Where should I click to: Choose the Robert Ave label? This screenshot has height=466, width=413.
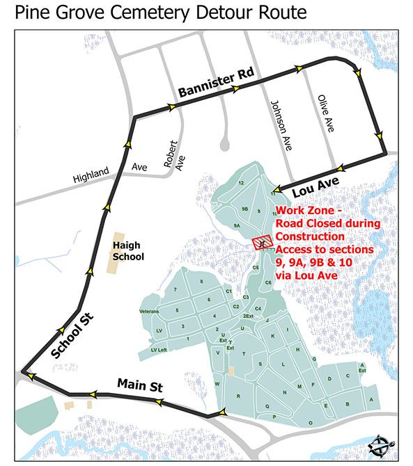(x=174, y=156)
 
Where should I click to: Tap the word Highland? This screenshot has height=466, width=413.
(x=91, y=174)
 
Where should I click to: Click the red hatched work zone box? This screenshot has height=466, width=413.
(x=260, y=241)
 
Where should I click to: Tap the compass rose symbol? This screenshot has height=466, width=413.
(x=382, y=444)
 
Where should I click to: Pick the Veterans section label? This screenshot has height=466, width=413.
(x=150, y=311)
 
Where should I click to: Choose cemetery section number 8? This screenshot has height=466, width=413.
(x=201, y=281)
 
